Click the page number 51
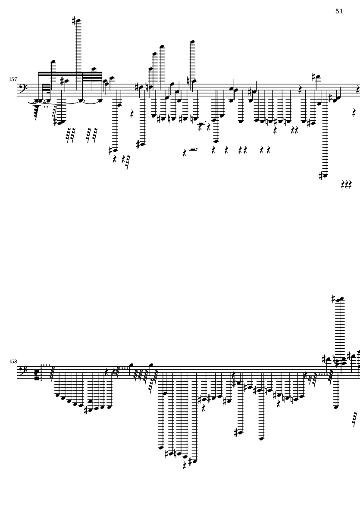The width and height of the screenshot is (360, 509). pos(339,11)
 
